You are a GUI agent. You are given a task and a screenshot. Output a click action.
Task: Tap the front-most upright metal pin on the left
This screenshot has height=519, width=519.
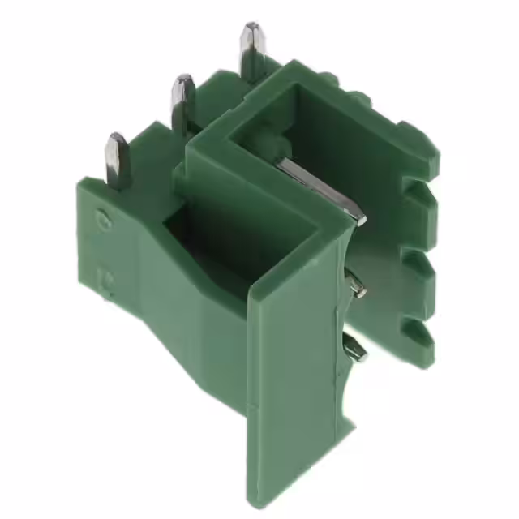[117, 160]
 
